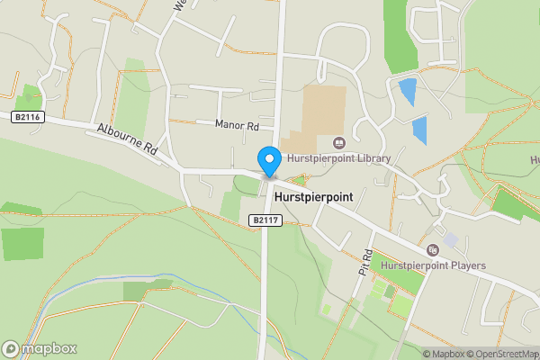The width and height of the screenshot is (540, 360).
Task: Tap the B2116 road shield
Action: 28,117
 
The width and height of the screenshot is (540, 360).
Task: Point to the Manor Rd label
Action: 238,124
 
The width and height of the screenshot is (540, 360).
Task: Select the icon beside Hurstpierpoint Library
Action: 339,142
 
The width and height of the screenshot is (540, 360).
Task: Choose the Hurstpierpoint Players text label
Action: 433,265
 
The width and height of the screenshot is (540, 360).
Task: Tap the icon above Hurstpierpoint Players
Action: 433,249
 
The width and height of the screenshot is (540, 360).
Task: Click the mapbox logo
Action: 40,348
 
